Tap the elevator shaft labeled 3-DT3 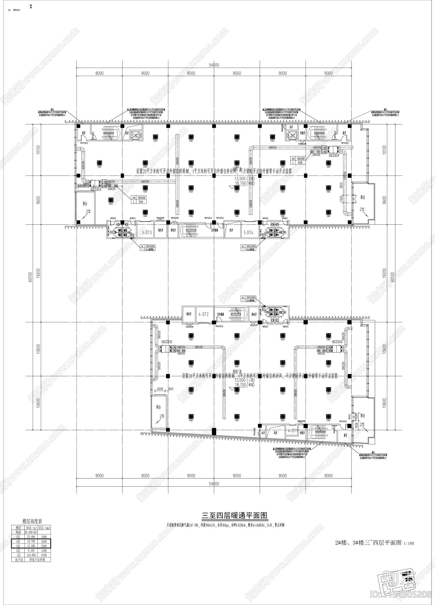[147, 232]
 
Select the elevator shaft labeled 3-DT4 [248, 232]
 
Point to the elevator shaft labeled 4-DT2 [203, 314]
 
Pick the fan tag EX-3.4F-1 [96, 189]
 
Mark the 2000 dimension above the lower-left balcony [160, 389]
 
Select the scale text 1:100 [409, 543]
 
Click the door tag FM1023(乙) [219, 326]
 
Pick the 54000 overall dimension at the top [214, 65]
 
